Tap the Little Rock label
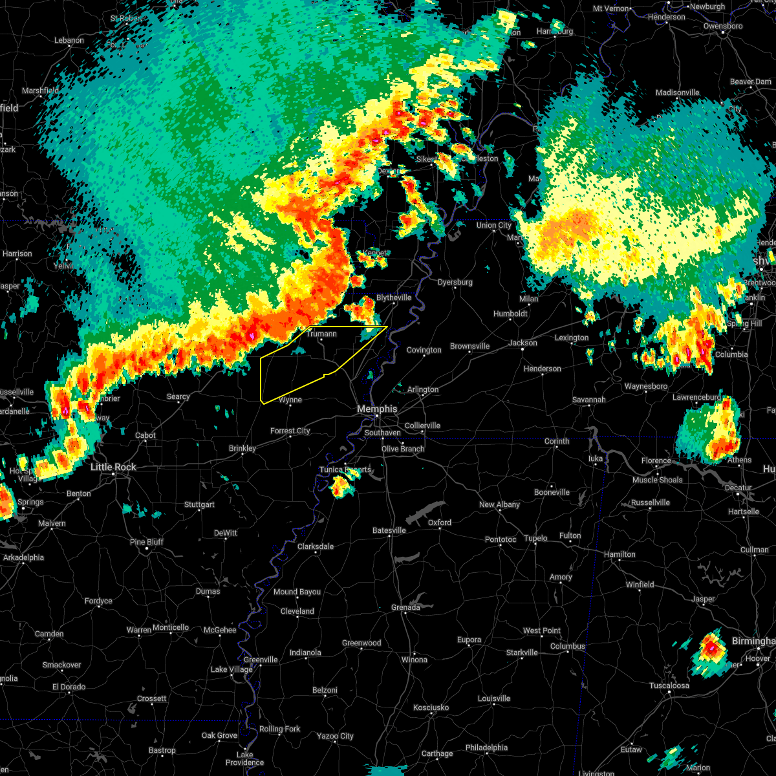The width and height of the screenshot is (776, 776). [x=113, y=467]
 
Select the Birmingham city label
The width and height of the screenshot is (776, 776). [x=753, y=641]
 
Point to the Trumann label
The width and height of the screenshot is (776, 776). [x=321, y=334]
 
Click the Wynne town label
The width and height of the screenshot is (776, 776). [x=290, y=400]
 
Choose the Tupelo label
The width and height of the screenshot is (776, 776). [x=535, y=538]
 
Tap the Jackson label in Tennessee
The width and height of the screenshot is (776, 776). [x=523, y=343]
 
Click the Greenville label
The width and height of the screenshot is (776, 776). [x=261, y=660]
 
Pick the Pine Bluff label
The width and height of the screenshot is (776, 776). [x=147, y=542]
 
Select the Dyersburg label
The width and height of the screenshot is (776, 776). [x=455, y=283]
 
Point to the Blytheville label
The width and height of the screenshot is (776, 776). [x=394, y=297]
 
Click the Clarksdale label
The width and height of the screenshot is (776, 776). [x=316, y=546]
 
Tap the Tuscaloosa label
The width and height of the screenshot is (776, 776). [x=669, y=685]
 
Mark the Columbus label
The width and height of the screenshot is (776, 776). [x=568, y=646]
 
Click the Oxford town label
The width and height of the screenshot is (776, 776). [x=440, y=523]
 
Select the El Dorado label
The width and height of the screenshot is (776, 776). [x=69, y=687]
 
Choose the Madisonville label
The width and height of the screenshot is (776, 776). [x=677, y=93]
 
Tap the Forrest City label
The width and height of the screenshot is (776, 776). [x=290, y=431]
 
